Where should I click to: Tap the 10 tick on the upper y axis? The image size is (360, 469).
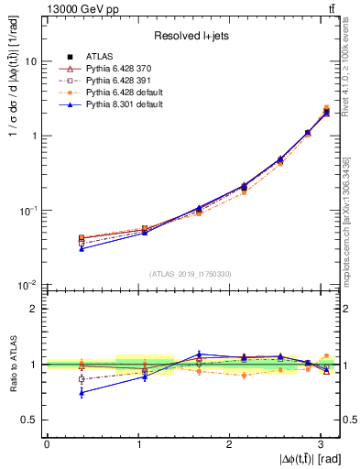point(31,61)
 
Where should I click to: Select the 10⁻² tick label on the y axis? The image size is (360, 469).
point(29,285)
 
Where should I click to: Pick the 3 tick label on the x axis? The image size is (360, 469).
point(320,443)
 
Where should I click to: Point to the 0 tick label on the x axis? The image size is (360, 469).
point(46,443)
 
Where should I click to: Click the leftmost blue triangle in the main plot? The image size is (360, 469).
point(82,249)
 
